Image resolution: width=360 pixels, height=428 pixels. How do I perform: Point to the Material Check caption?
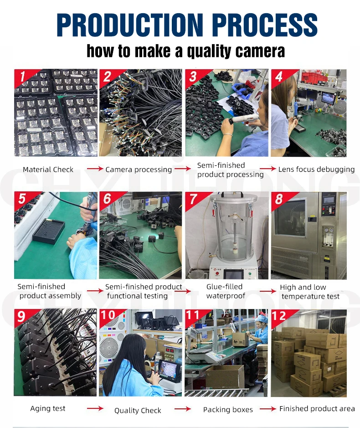point(48,170)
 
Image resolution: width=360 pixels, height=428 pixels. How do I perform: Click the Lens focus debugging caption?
point(316,169)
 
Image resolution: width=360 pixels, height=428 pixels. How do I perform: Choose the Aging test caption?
point(48,408)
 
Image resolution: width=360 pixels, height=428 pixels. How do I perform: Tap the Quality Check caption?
point(138,411)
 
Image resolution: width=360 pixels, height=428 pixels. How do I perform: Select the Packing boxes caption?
point(228,409)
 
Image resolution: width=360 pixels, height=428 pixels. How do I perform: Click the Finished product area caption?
point(317,408)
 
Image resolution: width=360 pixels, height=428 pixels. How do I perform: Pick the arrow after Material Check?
point(95,169)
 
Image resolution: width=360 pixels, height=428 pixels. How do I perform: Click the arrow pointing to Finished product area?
point(268,408)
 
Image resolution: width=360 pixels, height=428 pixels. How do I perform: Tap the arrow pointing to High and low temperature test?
point(268,291)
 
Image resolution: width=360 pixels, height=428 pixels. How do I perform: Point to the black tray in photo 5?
point(49,231)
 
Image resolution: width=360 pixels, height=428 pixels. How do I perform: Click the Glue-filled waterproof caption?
point(226,291)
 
